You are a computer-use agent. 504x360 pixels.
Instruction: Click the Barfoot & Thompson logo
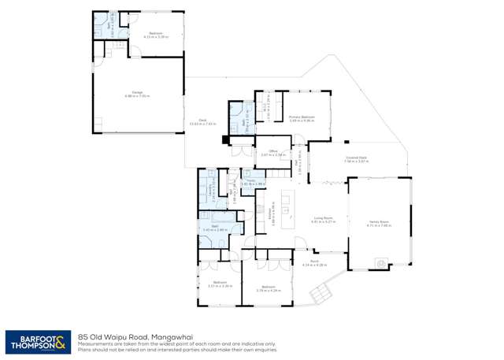pyautogui.click(x=37, y=341)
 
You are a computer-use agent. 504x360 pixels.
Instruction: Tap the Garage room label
pyautogui.click(x=136, y=95)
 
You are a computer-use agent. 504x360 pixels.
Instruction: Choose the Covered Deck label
pyautogui.click(x=356, y=159)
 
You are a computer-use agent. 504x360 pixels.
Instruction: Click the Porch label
pyautogui.click(x=313, y=263)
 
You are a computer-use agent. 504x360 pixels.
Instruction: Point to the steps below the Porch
pyautogui.click(x=320, y=295)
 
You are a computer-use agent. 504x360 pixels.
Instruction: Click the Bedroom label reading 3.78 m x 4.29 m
pyautogui.click(x=269, y=288)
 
